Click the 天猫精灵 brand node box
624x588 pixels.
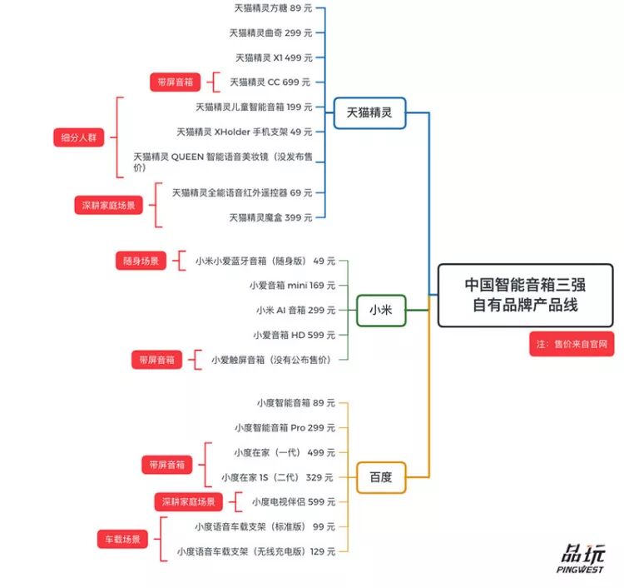(x=369, y=112)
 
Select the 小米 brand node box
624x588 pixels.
(x=380, y=310)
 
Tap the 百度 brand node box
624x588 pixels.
(x=380, y=477)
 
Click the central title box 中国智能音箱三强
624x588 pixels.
(x=525, y=295)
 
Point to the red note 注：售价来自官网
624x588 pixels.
(x=571, y=344)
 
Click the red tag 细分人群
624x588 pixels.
(x=78, y=138)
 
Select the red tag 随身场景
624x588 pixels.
(x=141, y=261)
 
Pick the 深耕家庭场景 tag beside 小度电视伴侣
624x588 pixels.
(x=189, y=501)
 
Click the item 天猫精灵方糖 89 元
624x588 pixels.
(x=273, y=8)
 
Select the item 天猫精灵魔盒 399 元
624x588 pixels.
(x=270, y=217)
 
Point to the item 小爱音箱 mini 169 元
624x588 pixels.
(x=292, y=285)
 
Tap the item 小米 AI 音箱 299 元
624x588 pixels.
(x=295, y=310)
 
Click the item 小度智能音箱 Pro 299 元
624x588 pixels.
(x=285, y=427)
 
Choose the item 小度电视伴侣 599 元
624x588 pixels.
(x=293, y=501)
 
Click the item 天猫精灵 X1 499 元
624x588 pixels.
(x=274, y=57)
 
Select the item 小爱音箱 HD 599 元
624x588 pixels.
(x=292, y=335)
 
